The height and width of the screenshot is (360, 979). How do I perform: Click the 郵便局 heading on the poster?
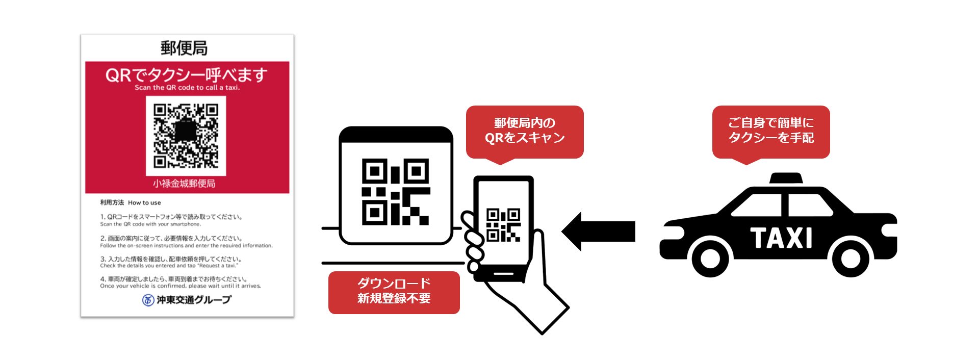pyautogui.click(x=184, y=48)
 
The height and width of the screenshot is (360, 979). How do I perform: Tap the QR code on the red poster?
pyautogui.click(x=186, y=136)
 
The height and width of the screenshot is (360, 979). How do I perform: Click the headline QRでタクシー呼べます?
pyautogui.click(x=186, y=75)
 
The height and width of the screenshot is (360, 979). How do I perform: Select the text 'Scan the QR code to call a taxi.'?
pyautogui.click(x=187, y=88)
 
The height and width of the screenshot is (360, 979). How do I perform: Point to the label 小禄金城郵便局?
pyautogui.click(x=184, y=184)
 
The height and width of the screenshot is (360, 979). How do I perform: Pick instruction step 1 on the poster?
pyautogui.click(x=171, y=220)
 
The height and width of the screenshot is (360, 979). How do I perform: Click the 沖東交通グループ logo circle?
pyautogui.click(x=148, y=300)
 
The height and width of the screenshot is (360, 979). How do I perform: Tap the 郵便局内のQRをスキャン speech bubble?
pyautogui.click(x=525, y=131)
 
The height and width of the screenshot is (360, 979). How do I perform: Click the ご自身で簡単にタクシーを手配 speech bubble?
pyautogui.click(x=771, y=131)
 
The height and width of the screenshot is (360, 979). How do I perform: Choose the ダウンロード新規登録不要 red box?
pyautogui.click(x=394, y=292)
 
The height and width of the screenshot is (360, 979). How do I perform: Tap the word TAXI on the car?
pyautogui.click(x=781, y=238)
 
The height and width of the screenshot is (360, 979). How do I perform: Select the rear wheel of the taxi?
pyautogui.click(x=850, y=258)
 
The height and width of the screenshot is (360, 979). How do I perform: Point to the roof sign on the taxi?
pyautogui.click(x=786, y=178)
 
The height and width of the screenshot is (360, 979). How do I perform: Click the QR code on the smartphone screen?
pyautogui.click(x=503, y=225)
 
